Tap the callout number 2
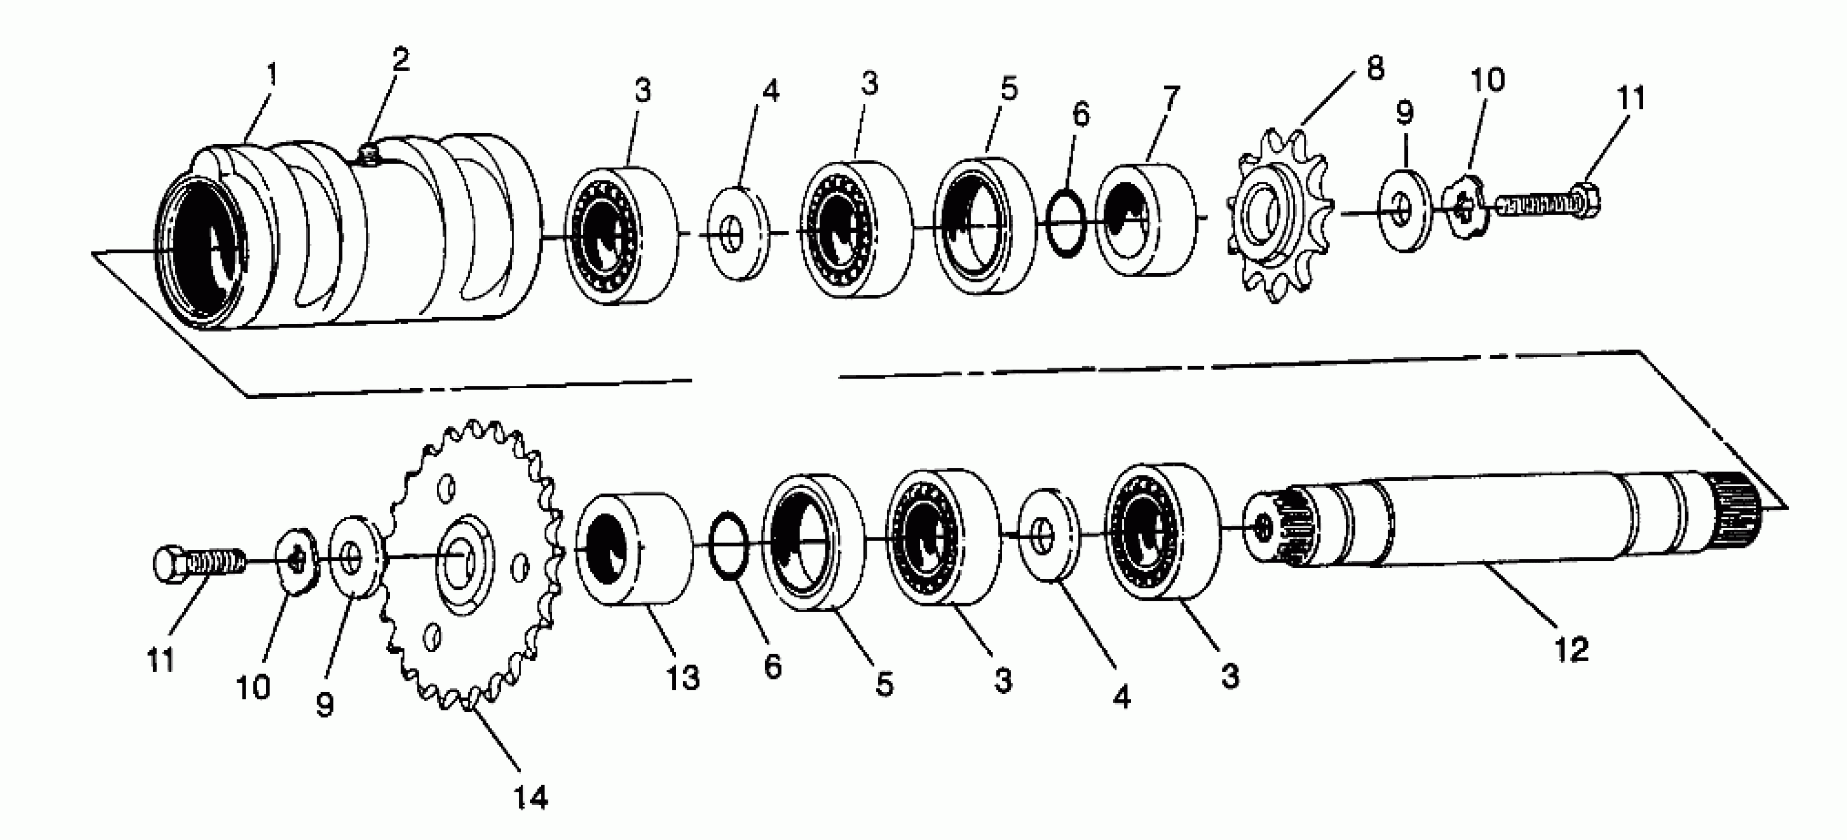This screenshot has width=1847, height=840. (x=400, y=59)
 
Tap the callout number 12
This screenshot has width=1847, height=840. (x=1571, y=650)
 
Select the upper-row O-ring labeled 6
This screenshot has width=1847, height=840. (x=1066, y=222)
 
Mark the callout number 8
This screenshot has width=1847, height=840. (x=1374, y=69)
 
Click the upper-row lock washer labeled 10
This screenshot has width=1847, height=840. (x=1465, y=210)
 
